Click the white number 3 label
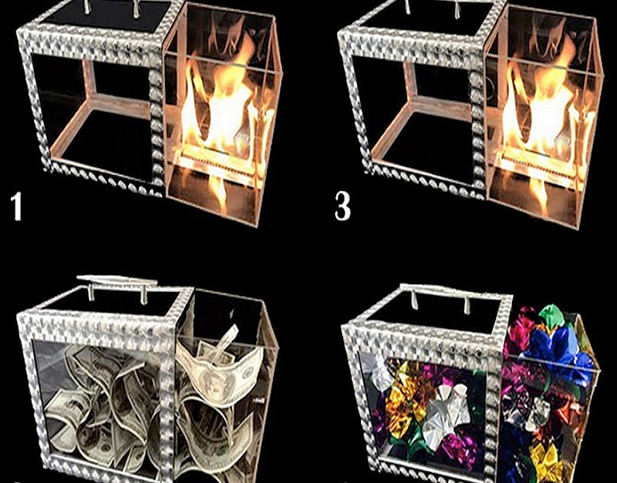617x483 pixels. [342, 206]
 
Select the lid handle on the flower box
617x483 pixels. [440, 292]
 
